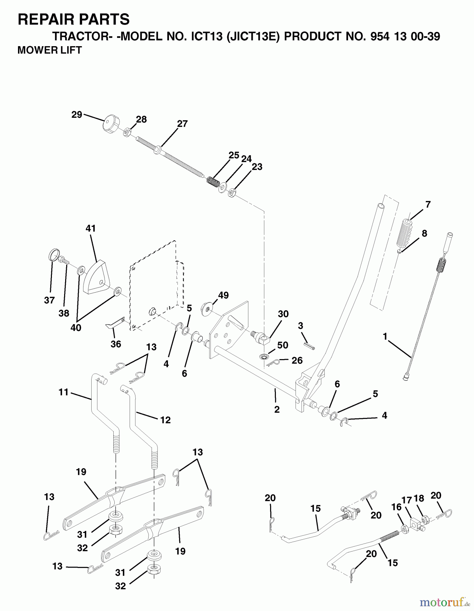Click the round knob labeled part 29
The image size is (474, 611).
coord(111,125)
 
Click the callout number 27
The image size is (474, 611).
coord(182,124)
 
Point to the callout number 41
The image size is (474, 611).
coord(91,228)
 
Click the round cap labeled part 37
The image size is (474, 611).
coord(54,255)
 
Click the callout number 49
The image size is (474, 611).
coord(223,295)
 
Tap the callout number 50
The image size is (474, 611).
coord(283,345)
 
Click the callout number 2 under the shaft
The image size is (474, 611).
coord(277,409)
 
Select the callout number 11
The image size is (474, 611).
coord(63,392)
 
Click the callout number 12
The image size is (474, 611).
coord(165,420)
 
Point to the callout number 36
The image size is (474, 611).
coord(116,344)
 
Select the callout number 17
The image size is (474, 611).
coord(407,500)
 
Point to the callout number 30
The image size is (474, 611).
coord(283,314)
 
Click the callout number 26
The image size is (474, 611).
coord(297,360)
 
